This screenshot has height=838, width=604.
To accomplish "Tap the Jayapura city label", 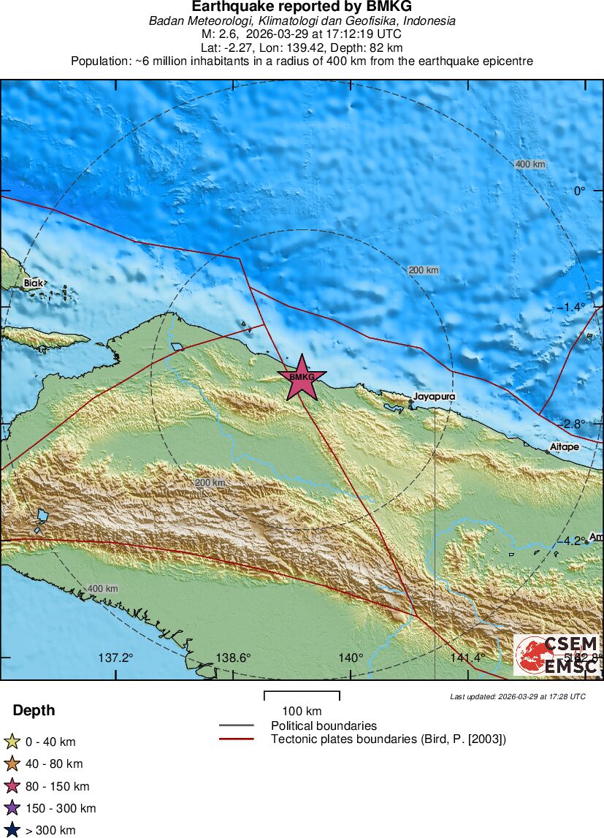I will pos(434,397).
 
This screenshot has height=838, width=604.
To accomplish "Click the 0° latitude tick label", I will pos(579,191).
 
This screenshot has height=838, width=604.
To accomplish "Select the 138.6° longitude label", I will pos(233,658).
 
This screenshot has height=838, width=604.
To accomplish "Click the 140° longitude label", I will pos(351,658).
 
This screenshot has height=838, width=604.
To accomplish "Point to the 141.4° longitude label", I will pos(467,658).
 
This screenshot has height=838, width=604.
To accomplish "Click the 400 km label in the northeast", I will pos(530,164).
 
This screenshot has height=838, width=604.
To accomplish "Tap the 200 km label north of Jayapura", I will pos(424,270).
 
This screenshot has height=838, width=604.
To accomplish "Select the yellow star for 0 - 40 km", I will pos(12,742).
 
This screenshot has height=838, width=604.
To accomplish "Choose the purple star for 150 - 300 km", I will pos(12,808).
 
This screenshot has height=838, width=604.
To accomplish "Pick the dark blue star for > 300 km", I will pos(12,830).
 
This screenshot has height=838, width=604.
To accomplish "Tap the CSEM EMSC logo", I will pos(557,655).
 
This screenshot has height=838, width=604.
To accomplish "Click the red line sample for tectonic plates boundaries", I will pos(236,739).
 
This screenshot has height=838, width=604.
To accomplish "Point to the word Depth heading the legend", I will pos(34,711).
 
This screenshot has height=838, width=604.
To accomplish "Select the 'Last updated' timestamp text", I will pos(517,697).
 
